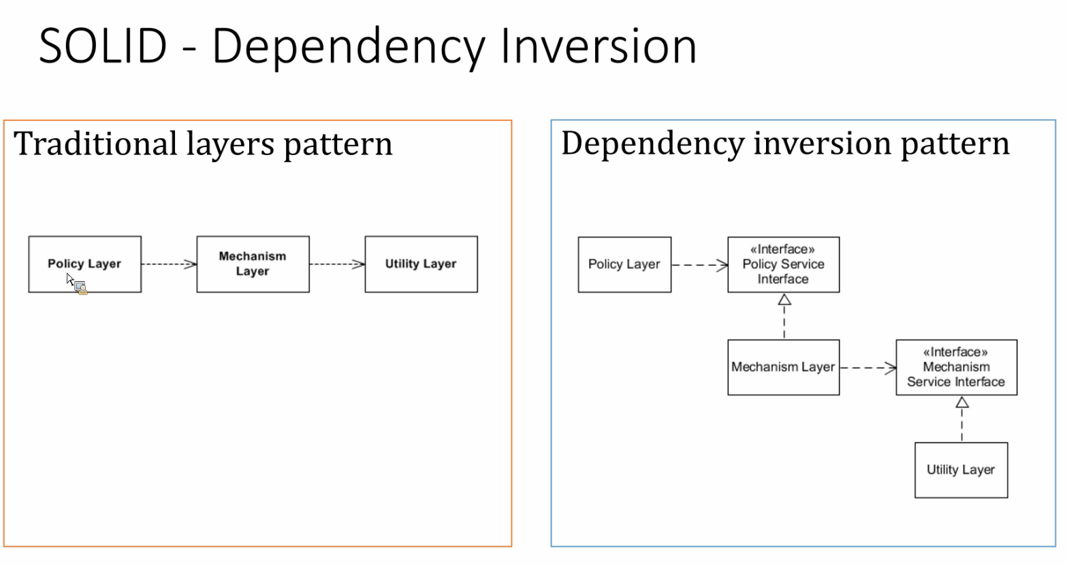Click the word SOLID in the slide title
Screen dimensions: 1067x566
coord(103,46)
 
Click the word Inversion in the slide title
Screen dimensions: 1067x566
coord(599,46)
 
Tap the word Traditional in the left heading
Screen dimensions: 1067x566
coord(95,144)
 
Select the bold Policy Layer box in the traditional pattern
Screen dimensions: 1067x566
coord(85,264)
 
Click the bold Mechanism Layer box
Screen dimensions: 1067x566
coord(253,264)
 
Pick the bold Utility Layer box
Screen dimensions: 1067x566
coord(421,264)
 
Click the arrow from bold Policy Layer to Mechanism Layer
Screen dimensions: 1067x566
coord(169,264)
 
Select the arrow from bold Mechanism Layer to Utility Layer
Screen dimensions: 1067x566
coord(337,264)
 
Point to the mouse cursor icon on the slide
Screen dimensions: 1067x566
coord(76,284)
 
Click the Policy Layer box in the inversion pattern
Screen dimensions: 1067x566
coord(624,265)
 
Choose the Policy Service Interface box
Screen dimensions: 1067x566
coord(784,265)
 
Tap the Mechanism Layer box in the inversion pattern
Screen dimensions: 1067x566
coord(784,367)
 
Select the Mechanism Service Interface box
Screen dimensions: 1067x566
coord(957,367)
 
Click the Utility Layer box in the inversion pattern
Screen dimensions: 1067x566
coord(961,470)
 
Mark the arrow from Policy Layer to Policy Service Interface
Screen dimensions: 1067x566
coord(700,265)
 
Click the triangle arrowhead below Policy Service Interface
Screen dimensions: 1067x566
coord(784,299)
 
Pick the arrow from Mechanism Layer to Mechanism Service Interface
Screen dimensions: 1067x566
coord(868,368)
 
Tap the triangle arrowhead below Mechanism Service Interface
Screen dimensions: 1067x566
coord(962,402)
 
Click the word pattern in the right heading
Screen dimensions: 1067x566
coord(955,144)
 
